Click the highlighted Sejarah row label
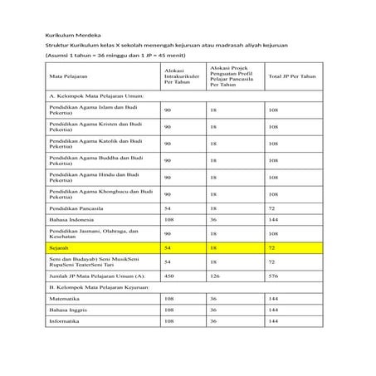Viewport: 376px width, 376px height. pyautogui.click(x=59, y=247)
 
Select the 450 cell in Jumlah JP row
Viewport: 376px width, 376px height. pyautogui.click(x=169, y=274)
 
